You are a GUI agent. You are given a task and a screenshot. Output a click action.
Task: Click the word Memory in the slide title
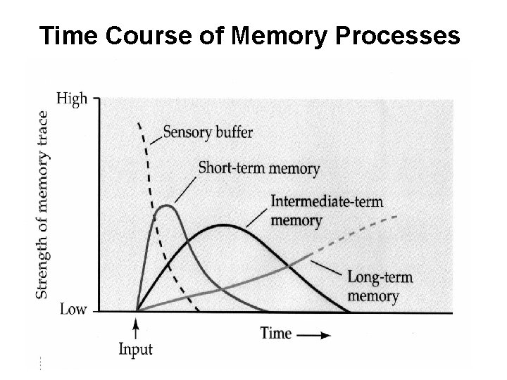[278, 36]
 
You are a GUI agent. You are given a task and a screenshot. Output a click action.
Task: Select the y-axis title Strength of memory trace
[42, 204]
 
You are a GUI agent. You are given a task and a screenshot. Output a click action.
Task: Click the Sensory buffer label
[208, 132]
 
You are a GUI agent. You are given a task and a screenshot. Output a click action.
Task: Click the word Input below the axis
[135, 350]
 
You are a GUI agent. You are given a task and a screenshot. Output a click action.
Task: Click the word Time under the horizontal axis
[277, 333]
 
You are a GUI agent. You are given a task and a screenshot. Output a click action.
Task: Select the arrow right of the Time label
[314, 335]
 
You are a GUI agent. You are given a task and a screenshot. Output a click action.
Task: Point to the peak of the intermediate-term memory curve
[223, 225]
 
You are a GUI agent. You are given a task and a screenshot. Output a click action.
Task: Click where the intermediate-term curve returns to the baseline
[349, 310]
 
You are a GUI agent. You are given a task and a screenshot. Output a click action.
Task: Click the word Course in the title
[147, 36]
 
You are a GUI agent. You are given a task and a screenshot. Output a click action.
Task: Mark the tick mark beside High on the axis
[96, 99]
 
